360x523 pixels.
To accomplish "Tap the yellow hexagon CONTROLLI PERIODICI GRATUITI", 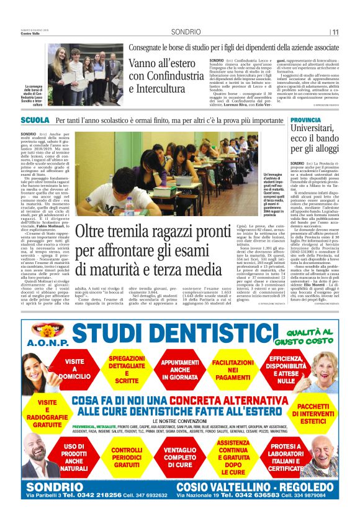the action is (127, 457).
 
